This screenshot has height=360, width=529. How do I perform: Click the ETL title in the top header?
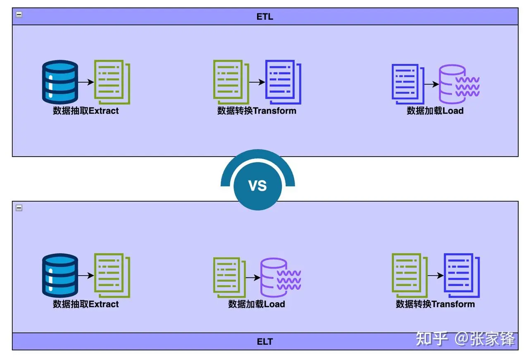click(x=265, y=17)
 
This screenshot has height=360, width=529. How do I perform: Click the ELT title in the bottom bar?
click(x=265, y=341)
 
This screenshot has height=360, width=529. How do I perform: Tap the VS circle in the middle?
click(x=257, y=186)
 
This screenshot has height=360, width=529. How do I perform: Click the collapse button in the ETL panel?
click(x=19, y=14)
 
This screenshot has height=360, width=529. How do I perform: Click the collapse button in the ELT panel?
click(x=19, y=208)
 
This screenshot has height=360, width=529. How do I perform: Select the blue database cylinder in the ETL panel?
click(x=60, y=82)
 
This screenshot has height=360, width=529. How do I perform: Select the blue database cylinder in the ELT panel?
click(x=60, y=275)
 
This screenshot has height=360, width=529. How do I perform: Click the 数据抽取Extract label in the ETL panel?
click(x=86, y=111)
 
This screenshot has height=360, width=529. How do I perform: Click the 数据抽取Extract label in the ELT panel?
click(x=86, y=304)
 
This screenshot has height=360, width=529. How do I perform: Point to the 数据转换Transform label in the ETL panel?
click(x=257, y=111)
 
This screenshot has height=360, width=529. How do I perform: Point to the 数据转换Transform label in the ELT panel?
click(x=435, y=304)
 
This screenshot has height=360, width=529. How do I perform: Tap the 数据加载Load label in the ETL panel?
click(x=435, y=111)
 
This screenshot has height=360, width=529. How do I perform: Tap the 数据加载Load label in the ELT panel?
click(x=257, y=304)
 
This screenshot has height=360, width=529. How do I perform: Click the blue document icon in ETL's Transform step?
click(x=283, y=82)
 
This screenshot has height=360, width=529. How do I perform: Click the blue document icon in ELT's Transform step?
click(x=462, y=275)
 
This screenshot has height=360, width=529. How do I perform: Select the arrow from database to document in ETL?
click(x=86, y=82)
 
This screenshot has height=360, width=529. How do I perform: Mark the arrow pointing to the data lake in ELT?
click(x=253, y=278)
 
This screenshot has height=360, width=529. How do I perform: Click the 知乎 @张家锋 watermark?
click(x=465, y=339)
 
